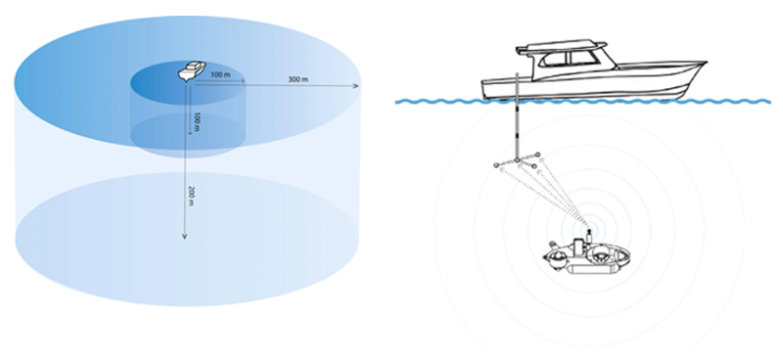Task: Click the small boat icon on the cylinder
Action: [x=191, y=71]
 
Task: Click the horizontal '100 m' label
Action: [x=221, y=75]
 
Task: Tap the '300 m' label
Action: [x=299, y=79]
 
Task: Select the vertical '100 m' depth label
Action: [x=197, y=122]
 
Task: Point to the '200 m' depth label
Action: [x=191, y=197]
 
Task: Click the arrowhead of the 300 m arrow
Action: [x=355, y=86]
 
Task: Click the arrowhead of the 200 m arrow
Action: [x=184, y=236]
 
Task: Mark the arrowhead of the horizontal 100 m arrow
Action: [x=243, y=80]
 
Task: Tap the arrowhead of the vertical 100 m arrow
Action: [x=190, y=133]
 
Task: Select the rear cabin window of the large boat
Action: [x=553, y=60]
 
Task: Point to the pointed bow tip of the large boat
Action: [x=705, y=63]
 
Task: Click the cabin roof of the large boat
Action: [x=563, y=47]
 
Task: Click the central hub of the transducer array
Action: [x=518, y=160]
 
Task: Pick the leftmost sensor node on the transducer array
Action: [x=496, y=165]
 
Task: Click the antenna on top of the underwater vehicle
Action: [x=589, y=234]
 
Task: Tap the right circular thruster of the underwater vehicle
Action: [x=600, y=255]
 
